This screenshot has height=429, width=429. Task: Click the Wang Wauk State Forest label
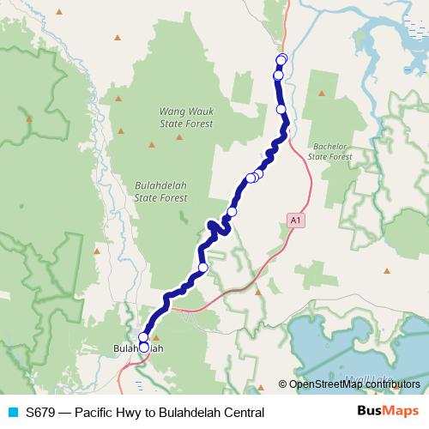click(x=186, y=118)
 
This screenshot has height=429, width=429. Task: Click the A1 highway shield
click(x=296, y=221)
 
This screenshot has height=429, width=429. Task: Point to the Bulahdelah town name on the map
click(x=138, y=348)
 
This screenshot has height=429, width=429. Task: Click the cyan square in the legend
click(x=12, y=412)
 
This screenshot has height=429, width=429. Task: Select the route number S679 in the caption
click(x=41, y=412)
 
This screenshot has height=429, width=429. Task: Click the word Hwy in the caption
click(x=142, y=412)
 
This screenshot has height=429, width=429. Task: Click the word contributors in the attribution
click(x=394, y=384)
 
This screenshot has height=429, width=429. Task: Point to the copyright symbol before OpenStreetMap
click(x=283, y=384)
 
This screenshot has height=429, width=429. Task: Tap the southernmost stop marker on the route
click(x=143, y=347)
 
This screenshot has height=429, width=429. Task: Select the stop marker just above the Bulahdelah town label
click(x=143, y=337)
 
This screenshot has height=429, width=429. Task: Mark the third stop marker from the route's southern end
click(x=203, y=268)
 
